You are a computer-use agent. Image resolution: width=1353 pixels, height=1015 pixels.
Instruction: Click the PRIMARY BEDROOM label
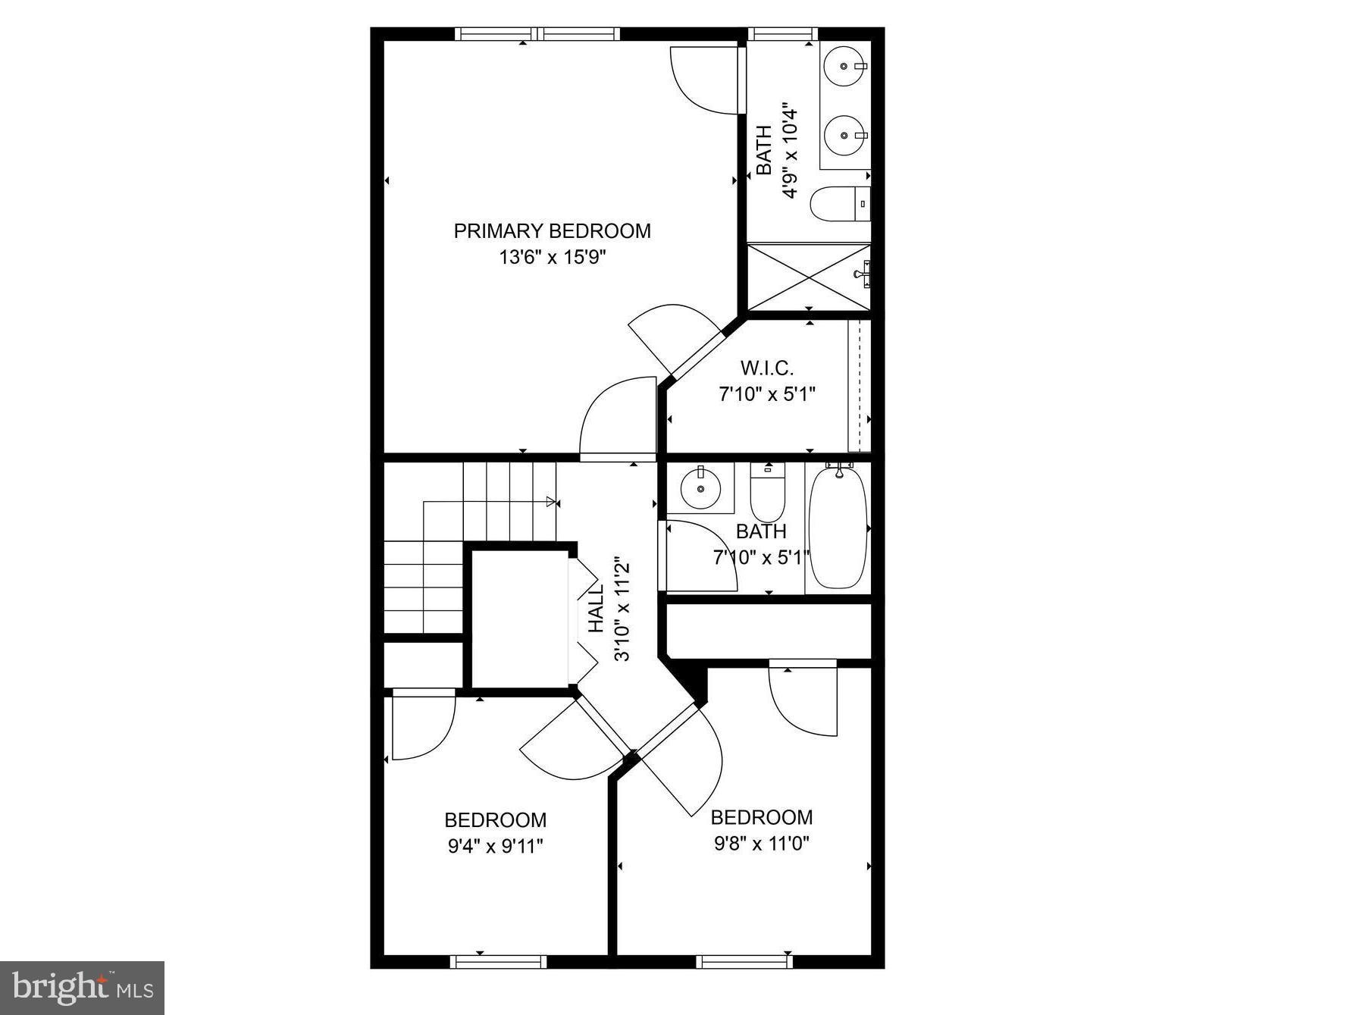[552, 231]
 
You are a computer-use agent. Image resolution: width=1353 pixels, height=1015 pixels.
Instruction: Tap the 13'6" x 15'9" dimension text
[552, 258]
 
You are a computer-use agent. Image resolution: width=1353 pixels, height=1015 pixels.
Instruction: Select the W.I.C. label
[766, 368]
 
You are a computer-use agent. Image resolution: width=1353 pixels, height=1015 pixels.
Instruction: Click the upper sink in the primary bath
[844, 67]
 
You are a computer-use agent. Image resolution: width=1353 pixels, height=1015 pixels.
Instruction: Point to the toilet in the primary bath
[838, 203]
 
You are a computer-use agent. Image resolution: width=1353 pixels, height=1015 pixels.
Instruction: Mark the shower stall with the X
[808, 276]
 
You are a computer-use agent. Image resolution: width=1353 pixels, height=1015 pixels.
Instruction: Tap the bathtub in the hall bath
[837, 528]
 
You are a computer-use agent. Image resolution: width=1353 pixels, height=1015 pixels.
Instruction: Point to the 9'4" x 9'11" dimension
[495, 846]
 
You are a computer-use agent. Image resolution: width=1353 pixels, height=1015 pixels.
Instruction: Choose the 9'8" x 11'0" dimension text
[762, 843]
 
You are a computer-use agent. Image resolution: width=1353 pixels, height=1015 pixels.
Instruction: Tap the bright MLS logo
[82, 988]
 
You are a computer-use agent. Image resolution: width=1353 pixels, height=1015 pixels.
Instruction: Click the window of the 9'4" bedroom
[498, 961]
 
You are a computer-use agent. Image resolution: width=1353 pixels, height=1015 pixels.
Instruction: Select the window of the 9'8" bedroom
[744, 961]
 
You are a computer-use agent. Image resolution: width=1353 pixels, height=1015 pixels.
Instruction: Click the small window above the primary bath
[782, 33]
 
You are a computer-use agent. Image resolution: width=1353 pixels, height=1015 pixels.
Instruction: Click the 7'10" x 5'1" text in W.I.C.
[766, 395]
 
